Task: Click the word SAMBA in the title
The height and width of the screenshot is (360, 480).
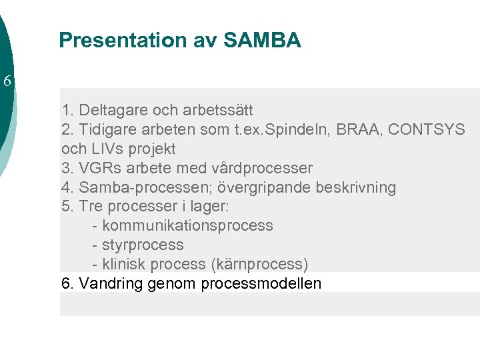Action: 262,41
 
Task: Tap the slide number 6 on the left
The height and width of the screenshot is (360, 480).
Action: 7,82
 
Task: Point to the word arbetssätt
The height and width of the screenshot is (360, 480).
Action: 216,109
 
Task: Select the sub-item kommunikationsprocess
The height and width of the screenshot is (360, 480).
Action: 187,225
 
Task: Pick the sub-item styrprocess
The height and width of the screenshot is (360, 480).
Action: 143,245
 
